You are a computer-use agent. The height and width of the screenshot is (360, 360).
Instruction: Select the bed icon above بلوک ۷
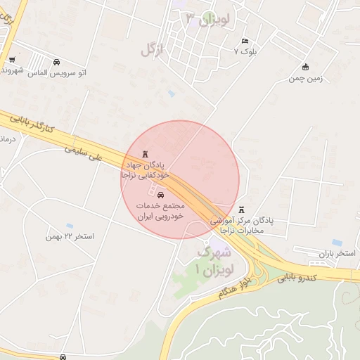tap(245, 41)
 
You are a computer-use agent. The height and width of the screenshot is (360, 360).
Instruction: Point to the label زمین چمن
tap(305, 78)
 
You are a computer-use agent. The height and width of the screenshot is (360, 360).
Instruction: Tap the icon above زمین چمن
tap(305, 67)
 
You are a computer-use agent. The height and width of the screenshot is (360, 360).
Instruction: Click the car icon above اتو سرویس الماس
tap(57, 61)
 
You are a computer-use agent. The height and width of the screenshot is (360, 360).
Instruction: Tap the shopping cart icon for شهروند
tap(12, 59)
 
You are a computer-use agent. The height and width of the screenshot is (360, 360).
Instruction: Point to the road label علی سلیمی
tap(84, 153)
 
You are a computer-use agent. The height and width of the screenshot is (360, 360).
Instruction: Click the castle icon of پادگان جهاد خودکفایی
tap(146, 154)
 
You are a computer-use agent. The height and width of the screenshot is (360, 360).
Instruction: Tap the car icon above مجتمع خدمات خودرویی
tap(162, 195)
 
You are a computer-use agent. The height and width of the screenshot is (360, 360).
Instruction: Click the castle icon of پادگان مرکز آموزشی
tap(243, 210)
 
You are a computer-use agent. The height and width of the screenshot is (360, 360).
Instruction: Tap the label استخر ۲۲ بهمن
tap(69, 236)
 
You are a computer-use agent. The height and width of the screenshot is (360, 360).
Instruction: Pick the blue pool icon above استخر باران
tap(337, 243)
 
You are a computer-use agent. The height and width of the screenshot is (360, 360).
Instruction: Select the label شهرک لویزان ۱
tap(209, 260)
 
